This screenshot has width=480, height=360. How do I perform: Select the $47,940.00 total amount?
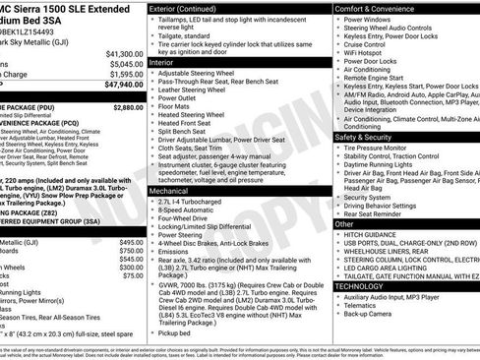[x=124, y=85]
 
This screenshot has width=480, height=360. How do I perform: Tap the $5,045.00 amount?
[x=126, y=64]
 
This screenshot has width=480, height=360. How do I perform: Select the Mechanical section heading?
[x=169, y=190]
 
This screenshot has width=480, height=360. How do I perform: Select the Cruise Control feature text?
[x=364, y=44]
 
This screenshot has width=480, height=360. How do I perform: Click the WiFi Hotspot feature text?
[x=362, y=53]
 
